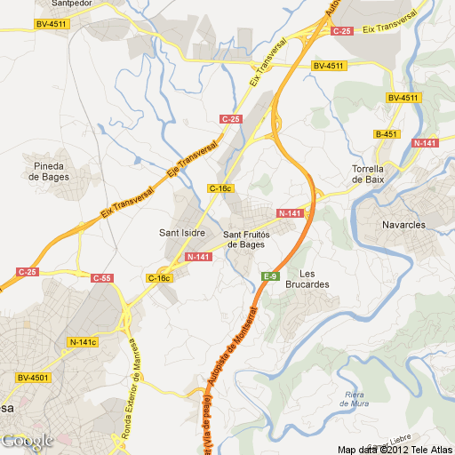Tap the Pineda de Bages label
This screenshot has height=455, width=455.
pos(47,171)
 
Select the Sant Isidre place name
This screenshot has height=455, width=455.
pos(182,233)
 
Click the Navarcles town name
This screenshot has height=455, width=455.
pos(405,225)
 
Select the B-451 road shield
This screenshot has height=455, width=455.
pos(386,134)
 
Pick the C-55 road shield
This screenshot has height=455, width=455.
pos(102,278)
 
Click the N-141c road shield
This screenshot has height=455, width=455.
pos(83,342)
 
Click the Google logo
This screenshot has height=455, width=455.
pos(27,441)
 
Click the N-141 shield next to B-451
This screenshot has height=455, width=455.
pos(426,142)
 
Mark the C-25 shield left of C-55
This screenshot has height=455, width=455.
pos(28,271)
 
